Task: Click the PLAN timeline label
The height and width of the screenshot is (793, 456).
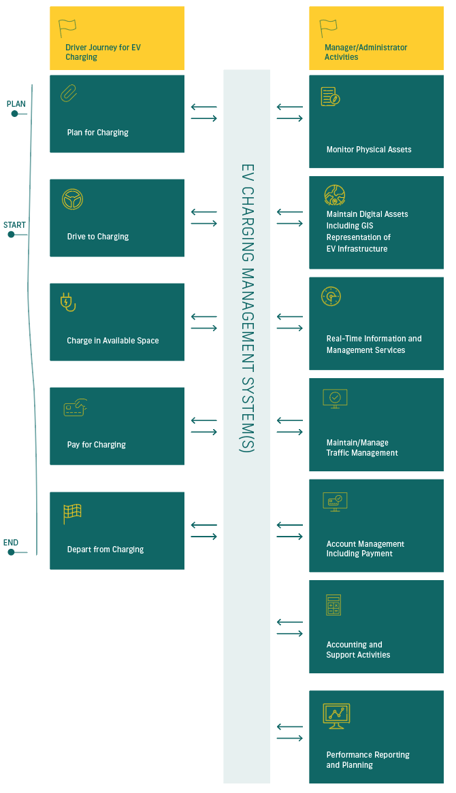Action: click(16, 103)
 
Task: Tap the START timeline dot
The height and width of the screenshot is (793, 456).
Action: click(11, 234)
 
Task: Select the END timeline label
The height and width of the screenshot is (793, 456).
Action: click(11, 543)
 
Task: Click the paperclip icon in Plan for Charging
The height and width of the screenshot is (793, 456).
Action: click(69, 94)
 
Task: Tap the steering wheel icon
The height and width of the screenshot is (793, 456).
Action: click(72, 199)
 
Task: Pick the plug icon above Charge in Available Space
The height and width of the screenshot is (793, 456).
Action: click(68, 302)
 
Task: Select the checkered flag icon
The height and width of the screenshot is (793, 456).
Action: click(72, 514)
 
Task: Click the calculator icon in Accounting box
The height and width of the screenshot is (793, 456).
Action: click(333, 605)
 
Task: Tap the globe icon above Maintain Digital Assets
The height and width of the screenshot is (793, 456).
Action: click(335, 195)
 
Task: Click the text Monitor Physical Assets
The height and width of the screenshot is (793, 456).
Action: click(369, 149)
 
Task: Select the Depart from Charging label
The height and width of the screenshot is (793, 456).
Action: click(105, 550)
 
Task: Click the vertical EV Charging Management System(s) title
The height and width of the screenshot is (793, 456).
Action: click(247, 308)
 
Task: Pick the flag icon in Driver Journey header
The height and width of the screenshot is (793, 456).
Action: click(67, 29)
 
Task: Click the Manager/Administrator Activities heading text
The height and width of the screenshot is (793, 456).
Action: click(366, 52)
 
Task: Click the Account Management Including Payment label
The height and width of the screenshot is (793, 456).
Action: click(365, 549)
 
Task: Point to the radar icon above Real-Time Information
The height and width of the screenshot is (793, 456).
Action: click(331, 297)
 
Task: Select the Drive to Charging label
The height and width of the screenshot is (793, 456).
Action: click(98, 236)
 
